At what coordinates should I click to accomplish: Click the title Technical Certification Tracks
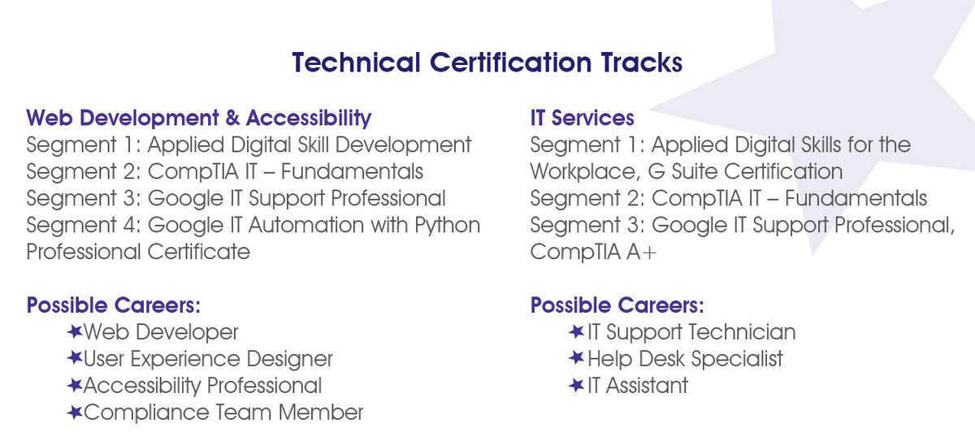point(487,63)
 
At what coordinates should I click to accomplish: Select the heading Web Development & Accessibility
point(198,118)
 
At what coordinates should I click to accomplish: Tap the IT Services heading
point(582,118)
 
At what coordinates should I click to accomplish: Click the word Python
point(444,225)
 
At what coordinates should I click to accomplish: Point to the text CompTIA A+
point(593,253)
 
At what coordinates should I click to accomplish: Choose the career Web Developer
point(161,332)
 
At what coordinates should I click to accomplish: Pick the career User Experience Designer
point(208,359)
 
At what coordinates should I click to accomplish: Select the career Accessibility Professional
point(202,386)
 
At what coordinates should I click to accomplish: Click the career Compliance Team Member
point(223,413)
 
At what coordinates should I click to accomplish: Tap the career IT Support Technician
point(691,332)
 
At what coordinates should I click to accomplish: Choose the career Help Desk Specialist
point(685,359)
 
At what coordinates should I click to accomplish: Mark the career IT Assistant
point(637,386)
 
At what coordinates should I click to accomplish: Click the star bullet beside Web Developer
point(75,331)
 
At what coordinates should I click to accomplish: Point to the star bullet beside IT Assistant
point(577,385)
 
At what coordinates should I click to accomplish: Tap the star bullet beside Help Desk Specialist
point(577,358)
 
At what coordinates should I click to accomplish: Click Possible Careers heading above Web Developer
point(113,306)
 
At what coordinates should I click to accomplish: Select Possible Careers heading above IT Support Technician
point(617,306)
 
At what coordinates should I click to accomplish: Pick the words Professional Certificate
point(138,252)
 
